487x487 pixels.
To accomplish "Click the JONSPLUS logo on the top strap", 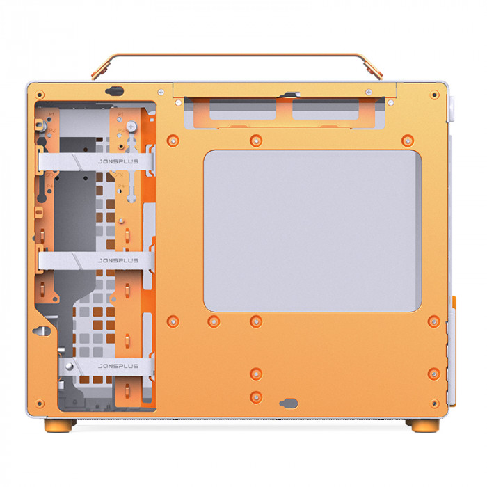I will (118, 161).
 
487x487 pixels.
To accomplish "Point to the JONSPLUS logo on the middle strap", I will (118, 261).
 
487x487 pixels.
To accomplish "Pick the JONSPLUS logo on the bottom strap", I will (118, 365).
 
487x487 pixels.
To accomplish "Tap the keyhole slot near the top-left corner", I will (113, 90).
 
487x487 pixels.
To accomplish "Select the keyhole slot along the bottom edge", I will (289, 403).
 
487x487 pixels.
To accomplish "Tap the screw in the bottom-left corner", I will (40, 403).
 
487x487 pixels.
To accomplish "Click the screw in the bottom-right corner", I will (435, 403).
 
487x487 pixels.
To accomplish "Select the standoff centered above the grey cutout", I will (256, 140).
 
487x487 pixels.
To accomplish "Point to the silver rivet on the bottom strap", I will (70, 365).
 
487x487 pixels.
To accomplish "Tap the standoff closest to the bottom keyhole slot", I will (256, 397).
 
